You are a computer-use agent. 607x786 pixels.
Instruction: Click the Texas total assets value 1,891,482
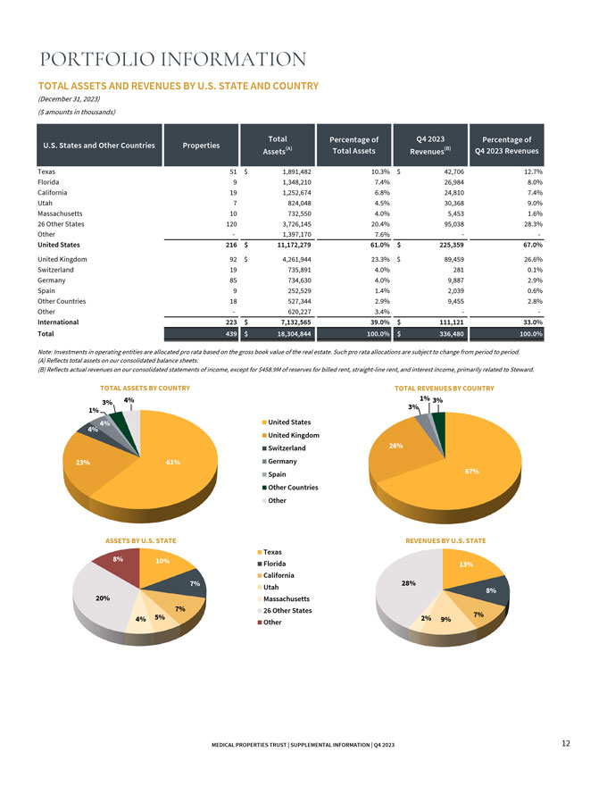click(296, 171)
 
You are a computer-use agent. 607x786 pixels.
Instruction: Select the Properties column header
click(201, 146)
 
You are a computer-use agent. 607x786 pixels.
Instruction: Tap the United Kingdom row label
click(62, 259)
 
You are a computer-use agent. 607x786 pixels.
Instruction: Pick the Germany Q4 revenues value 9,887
click(454, 280)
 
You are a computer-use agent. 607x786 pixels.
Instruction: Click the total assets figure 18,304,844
click(294, 334)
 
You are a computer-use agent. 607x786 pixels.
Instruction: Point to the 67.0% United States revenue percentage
click(532, 245)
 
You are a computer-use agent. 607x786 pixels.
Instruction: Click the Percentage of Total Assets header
click(353, 146)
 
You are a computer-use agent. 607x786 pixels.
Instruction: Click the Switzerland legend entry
click(284, 448)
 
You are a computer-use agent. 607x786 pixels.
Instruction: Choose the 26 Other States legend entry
click(284, 611)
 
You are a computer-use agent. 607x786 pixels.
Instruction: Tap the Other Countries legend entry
click(290, 488)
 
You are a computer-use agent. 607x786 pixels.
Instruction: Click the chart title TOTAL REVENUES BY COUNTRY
click(445, 388)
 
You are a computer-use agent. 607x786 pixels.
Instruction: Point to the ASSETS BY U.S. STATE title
click(141, 541)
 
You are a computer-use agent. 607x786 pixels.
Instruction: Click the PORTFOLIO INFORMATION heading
click(173, 59)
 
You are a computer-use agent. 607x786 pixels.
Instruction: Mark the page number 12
click(565, 743)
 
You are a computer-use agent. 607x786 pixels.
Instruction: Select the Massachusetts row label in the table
click(60, 213)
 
